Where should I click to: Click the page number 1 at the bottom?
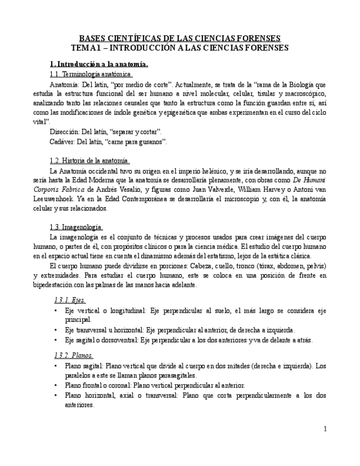click(x=325, y=429)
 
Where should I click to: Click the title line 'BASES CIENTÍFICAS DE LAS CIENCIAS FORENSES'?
click(x=180, y=38)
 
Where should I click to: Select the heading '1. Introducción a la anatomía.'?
click(x=99, y=64)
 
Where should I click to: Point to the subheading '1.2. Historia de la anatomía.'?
click(x=90, y=160)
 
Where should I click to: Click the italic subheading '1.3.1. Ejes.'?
click(x=69, y=300)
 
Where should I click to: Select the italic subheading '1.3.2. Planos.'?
click(x=74, y=355)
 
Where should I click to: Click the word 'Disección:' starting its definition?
click(x=64, y=132)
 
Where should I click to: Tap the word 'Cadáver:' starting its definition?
click(x=62, y=142)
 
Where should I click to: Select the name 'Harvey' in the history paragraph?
click(x=263, y=190)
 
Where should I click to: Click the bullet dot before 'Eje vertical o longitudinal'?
click(x=56, y=310)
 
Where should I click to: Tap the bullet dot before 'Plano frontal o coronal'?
click(x=56, y=385)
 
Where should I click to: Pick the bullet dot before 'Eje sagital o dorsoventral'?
click(x=56, y=340)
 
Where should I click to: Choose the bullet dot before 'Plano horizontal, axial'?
click(x=56, y=395)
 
